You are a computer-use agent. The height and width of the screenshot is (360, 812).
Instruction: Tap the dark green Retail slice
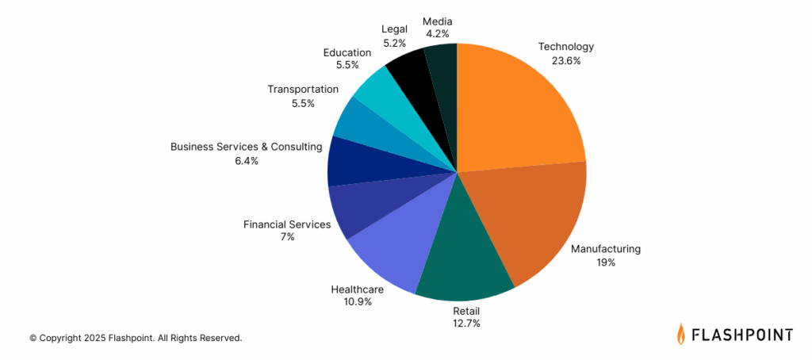[460, 262]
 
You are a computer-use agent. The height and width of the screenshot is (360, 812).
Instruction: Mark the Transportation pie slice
[356, 124]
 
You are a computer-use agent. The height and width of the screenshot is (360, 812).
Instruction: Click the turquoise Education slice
[377, 92]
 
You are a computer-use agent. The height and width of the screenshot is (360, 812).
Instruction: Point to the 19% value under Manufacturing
[606, 262]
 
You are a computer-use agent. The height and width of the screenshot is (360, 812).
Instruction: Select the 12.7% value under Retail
[465, 323]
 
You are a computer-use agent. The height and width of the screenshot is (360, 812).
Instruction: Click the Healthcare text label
[357, 289]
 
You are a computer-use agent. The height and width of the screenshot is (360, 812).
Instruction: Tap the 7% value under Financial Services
[286, 236]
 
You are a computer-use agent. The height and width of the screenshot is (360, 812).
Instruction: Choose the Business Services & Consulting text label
[246, 147]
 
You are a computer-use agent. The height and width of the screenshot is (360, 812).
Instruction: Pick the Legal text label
[394, 29]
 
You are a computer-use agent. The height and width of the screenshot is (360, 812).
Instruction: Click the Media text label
[437, 21]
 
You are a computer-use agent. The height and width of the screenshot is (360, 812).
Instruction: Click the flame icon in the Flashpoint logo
[681, 334]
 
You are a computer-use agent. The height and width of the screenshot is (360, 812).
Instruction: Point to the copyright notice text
[136, 338]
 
